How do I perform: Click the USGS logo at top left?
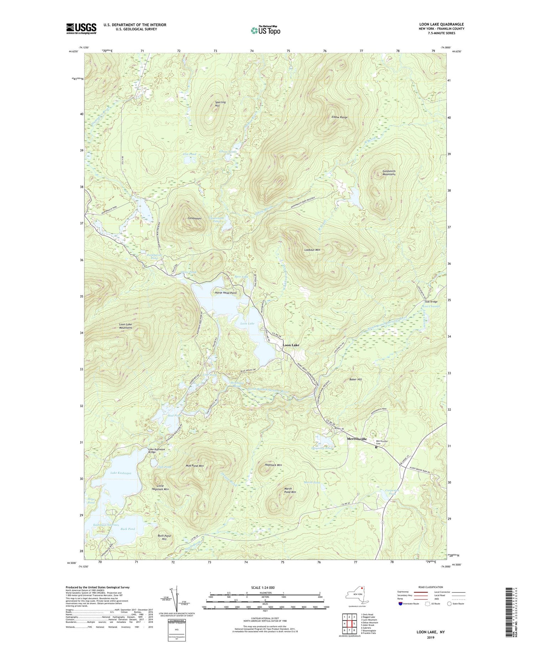[x=81, y=28]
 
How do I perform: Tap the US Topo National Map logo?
[x=265, y=30]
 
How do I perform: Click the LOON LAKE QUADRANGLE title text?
[x=441, y=24]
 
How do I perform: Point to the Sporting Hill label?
[x=220, y=104]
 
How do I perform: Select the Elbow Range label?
[x=339, y=117]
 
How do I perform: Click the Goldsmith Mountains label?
[x=389, y=173]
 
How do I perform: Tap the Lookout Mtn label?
[x=312, y=250]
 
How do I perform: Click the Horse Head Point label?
[x=226, y=293]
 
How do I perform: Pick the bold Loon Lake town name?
[x=291, y=345]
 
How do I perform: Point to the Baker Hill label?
[x=355, y=380]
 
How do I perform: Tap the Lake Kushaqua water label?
[x=121, y=473]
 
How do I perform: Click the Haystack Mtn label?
[x=273, y=465]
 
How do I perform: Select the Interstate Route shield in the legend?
[x=400, y=604]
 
